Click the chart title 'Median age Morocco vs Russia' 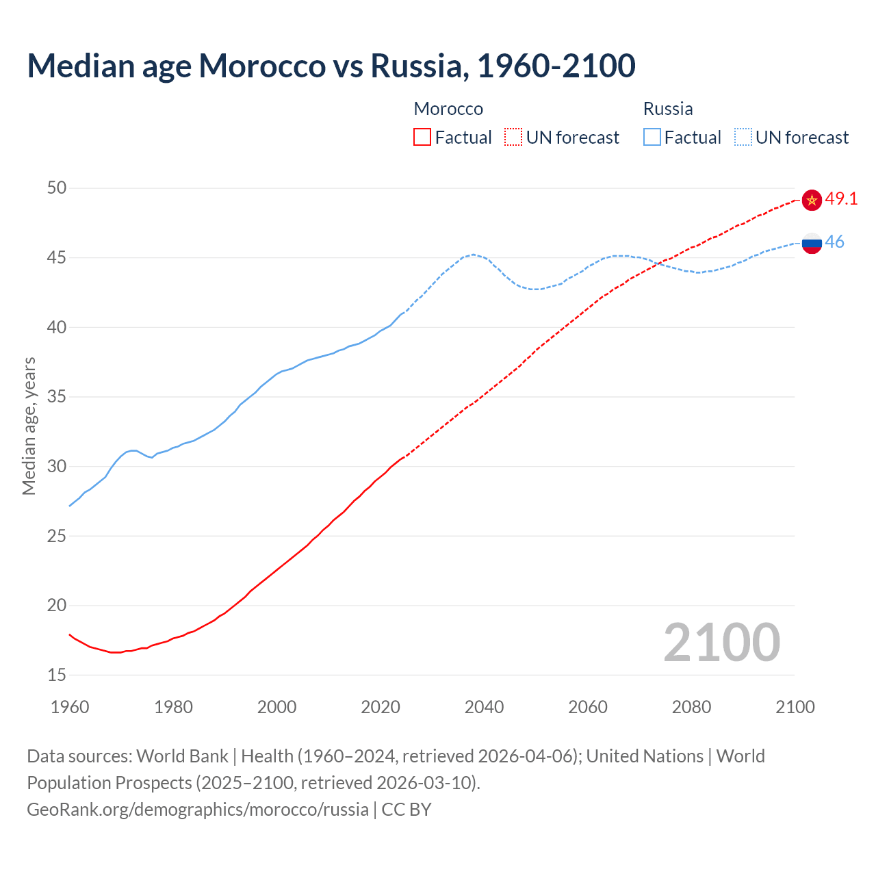coord(331,66)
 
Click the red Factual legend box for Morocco coord(422,138)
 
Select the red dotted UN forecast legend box coord(513,138)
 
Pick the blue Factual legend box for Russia coord(652,138)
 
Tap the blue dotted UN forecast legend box coord(743,138)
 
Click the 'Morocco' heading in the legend coord(448,109)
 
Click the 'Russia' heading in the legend coord(668,109)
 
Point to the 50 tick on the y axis coord(57,188)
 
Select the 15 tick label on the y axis coord(57,675)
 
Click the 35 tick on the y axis coord(57,397)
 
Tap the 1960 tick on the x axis coord(70,707)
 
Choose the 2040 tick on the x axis coord(484,707)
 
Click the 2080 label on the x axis coord(691,707)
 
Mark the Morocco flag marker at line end coord(812,200)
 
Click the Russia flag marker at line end coord(812,243)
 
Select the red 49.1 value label coord(841,199)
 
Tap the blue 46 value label coord(835,242)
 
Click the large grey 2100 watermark coord(721,643)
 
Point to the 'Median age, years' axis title coord(29,426)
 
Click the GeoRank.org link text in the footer coord(198,810)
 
